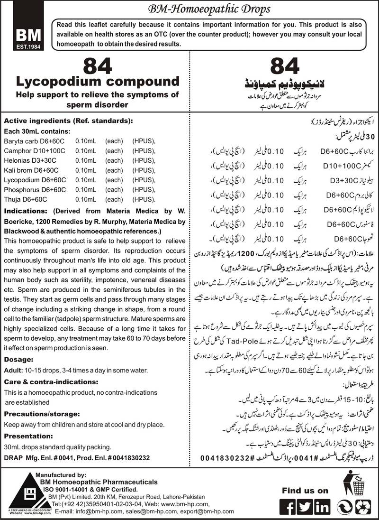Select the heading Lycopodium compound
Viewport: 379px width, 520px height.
tap(97, 81)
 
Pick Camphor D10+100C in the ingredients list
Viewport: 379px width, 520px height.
tap(31, 151)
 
